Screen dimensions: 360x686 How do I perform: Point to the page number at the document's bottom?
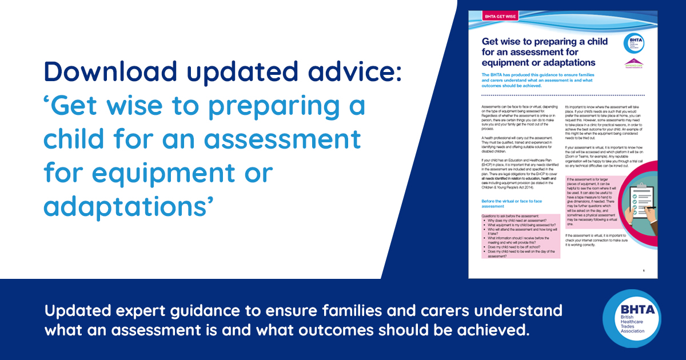click(644, 271)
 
